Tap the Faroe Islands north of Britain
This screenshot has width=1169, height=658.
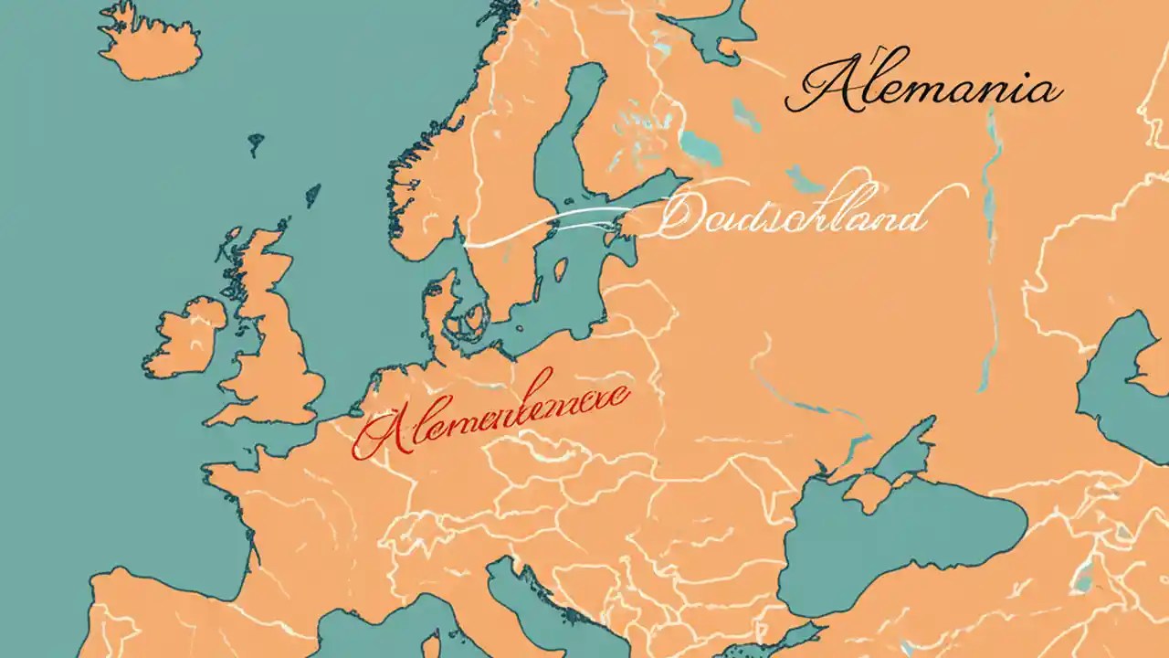255,142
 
